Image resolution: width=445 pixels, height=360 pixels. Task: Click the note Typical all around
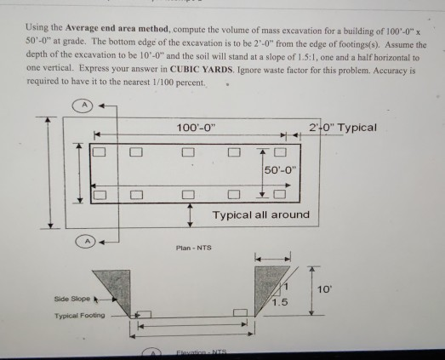click(x=260, y=214)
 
